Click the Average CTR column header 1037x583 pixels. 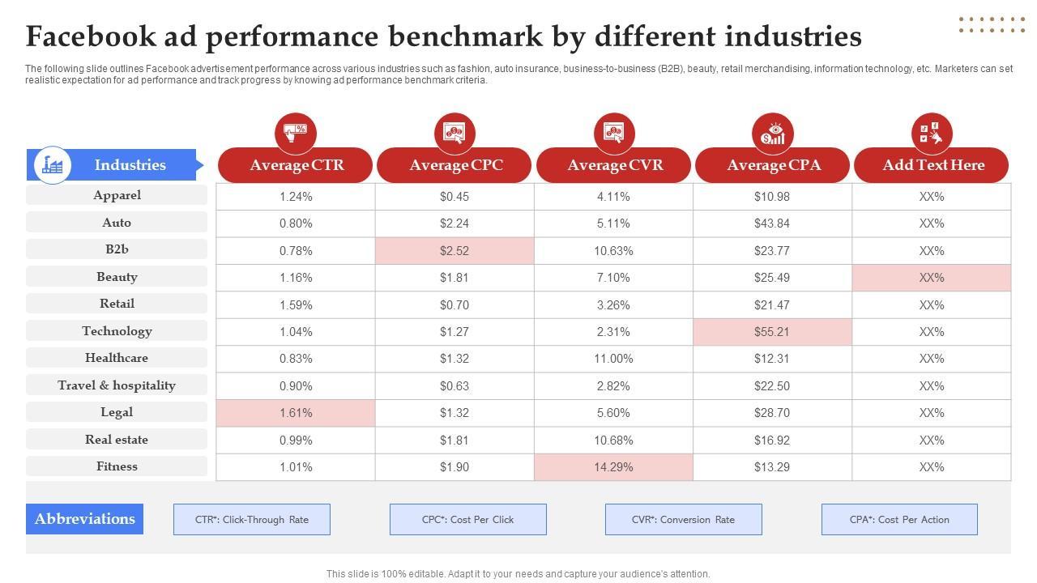[296, 165]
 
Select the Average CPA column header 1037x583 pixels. [773, 165]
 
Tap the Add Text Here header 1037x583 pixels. [932, 165]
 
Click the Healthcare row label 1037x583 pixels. [117, 358]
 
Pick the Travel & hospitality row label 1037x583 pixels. [117, 385]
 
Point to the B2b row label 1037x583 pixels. [117, 249]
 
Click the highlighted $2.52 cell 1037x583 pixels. [454, 251]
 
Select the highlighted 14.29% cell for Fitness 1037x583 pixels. [613, 467]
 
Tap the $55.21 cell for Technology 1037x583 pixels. [771, 332]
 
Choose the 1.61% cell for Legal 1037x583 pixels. [296, 413]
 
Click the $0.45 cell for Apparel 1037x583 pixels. [454, 197]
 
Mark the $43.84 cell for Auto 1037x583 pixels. [771, 223]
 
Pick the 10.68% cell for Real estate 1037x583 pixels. [613, 440]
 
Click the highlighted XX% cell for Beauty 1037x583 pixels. [932, 278]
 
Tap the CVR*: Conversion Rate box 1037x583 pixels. [683, 520]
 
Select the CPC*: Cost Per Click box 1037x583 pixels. [467, 520]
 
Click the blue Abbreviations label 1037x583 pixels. [85, 519]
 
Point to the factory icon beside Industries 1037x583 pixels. [53, 165]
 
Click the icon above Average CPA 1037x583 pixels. [772, 133]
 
